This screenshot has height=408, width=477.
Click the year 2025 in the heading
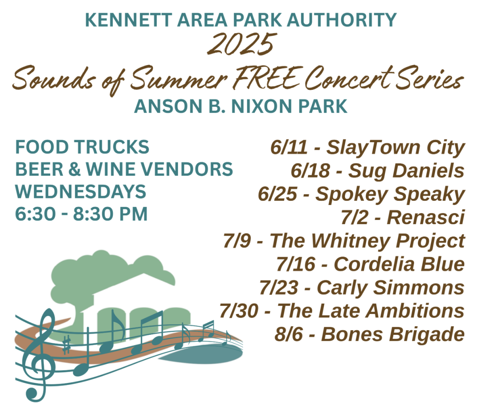point(242,44)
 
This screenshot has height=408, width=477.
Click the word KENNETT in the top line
point(128,20)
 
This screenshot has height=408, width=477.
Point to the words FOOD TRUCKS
point(82,147)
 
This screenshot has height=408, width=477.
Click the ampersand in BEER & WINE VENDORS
point(74,169)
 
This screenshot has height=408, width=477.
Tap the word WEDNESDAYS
point(80,192)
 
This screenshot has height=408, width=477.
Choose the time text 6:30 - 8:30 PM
point(81,214)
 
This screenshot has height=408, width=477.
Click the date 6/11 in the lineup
point(289,147)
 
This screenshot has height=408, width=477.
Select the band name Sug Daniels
point(406,171)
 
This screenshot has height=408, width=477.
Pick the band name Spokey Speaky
point(390,194)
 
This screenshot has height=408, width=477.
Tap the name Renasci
point(425,217)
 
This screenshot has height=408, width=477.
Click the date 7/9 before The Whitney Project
point(237,241)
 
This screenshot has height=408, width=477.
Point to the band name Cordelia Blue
point(399,264)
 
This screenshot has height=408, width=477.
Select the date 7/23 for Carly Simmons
point(279,288)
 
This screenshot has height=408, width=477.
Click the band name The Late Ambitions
point(371,311)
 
